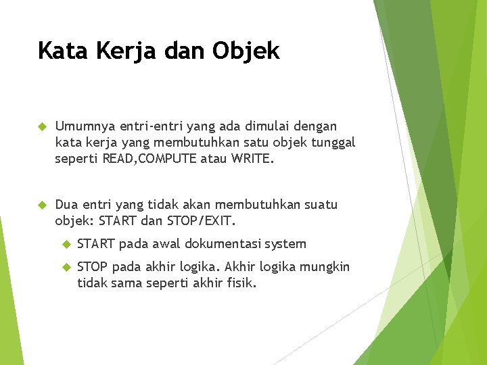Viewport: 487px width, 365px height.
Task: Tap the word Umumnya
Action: coord(86,126)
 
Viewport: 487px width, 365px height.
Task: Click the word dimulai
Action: coord(258,126)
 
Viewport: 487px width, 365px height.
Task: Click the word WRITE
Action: coord(251,160)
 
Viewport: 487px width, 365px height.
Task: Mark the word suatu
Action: coord(318,205)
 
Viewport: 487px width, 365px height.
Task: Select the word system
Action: coord(285,244)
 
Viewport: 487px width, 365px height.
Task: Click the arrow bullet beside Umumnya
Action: coord(41,126)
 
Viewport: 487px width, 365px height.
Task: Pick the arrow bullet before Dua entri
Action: coord(41,205)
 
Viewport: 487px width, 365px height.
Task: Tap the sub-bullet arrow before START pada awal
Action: coord(66,244)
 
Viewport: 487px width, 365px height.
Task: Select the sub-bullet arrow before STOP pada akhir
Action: coord(66,267)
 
